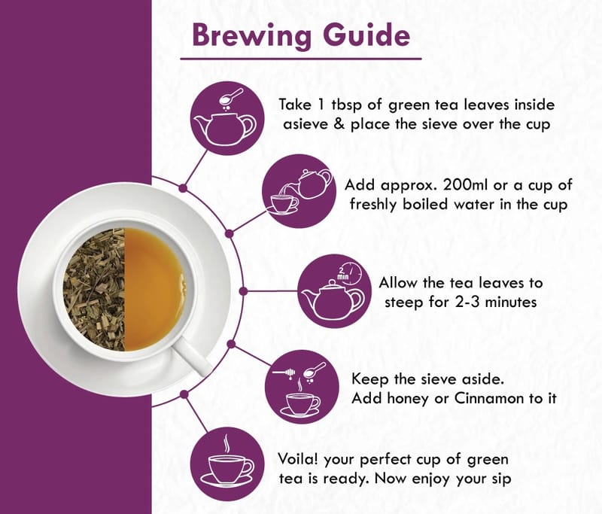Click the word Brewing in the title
coord(251,35)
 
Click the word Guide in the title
coord(366,35)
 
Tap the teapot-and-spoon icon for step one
coord(227,118)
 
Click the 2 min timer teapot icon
coord(334,291)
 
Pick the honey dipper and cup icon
coord(303,387)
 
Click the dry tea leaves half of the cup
coord(94,289)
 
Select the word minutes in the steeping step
coord(511,302)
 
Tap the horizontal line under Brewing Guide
coord(301,59)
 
